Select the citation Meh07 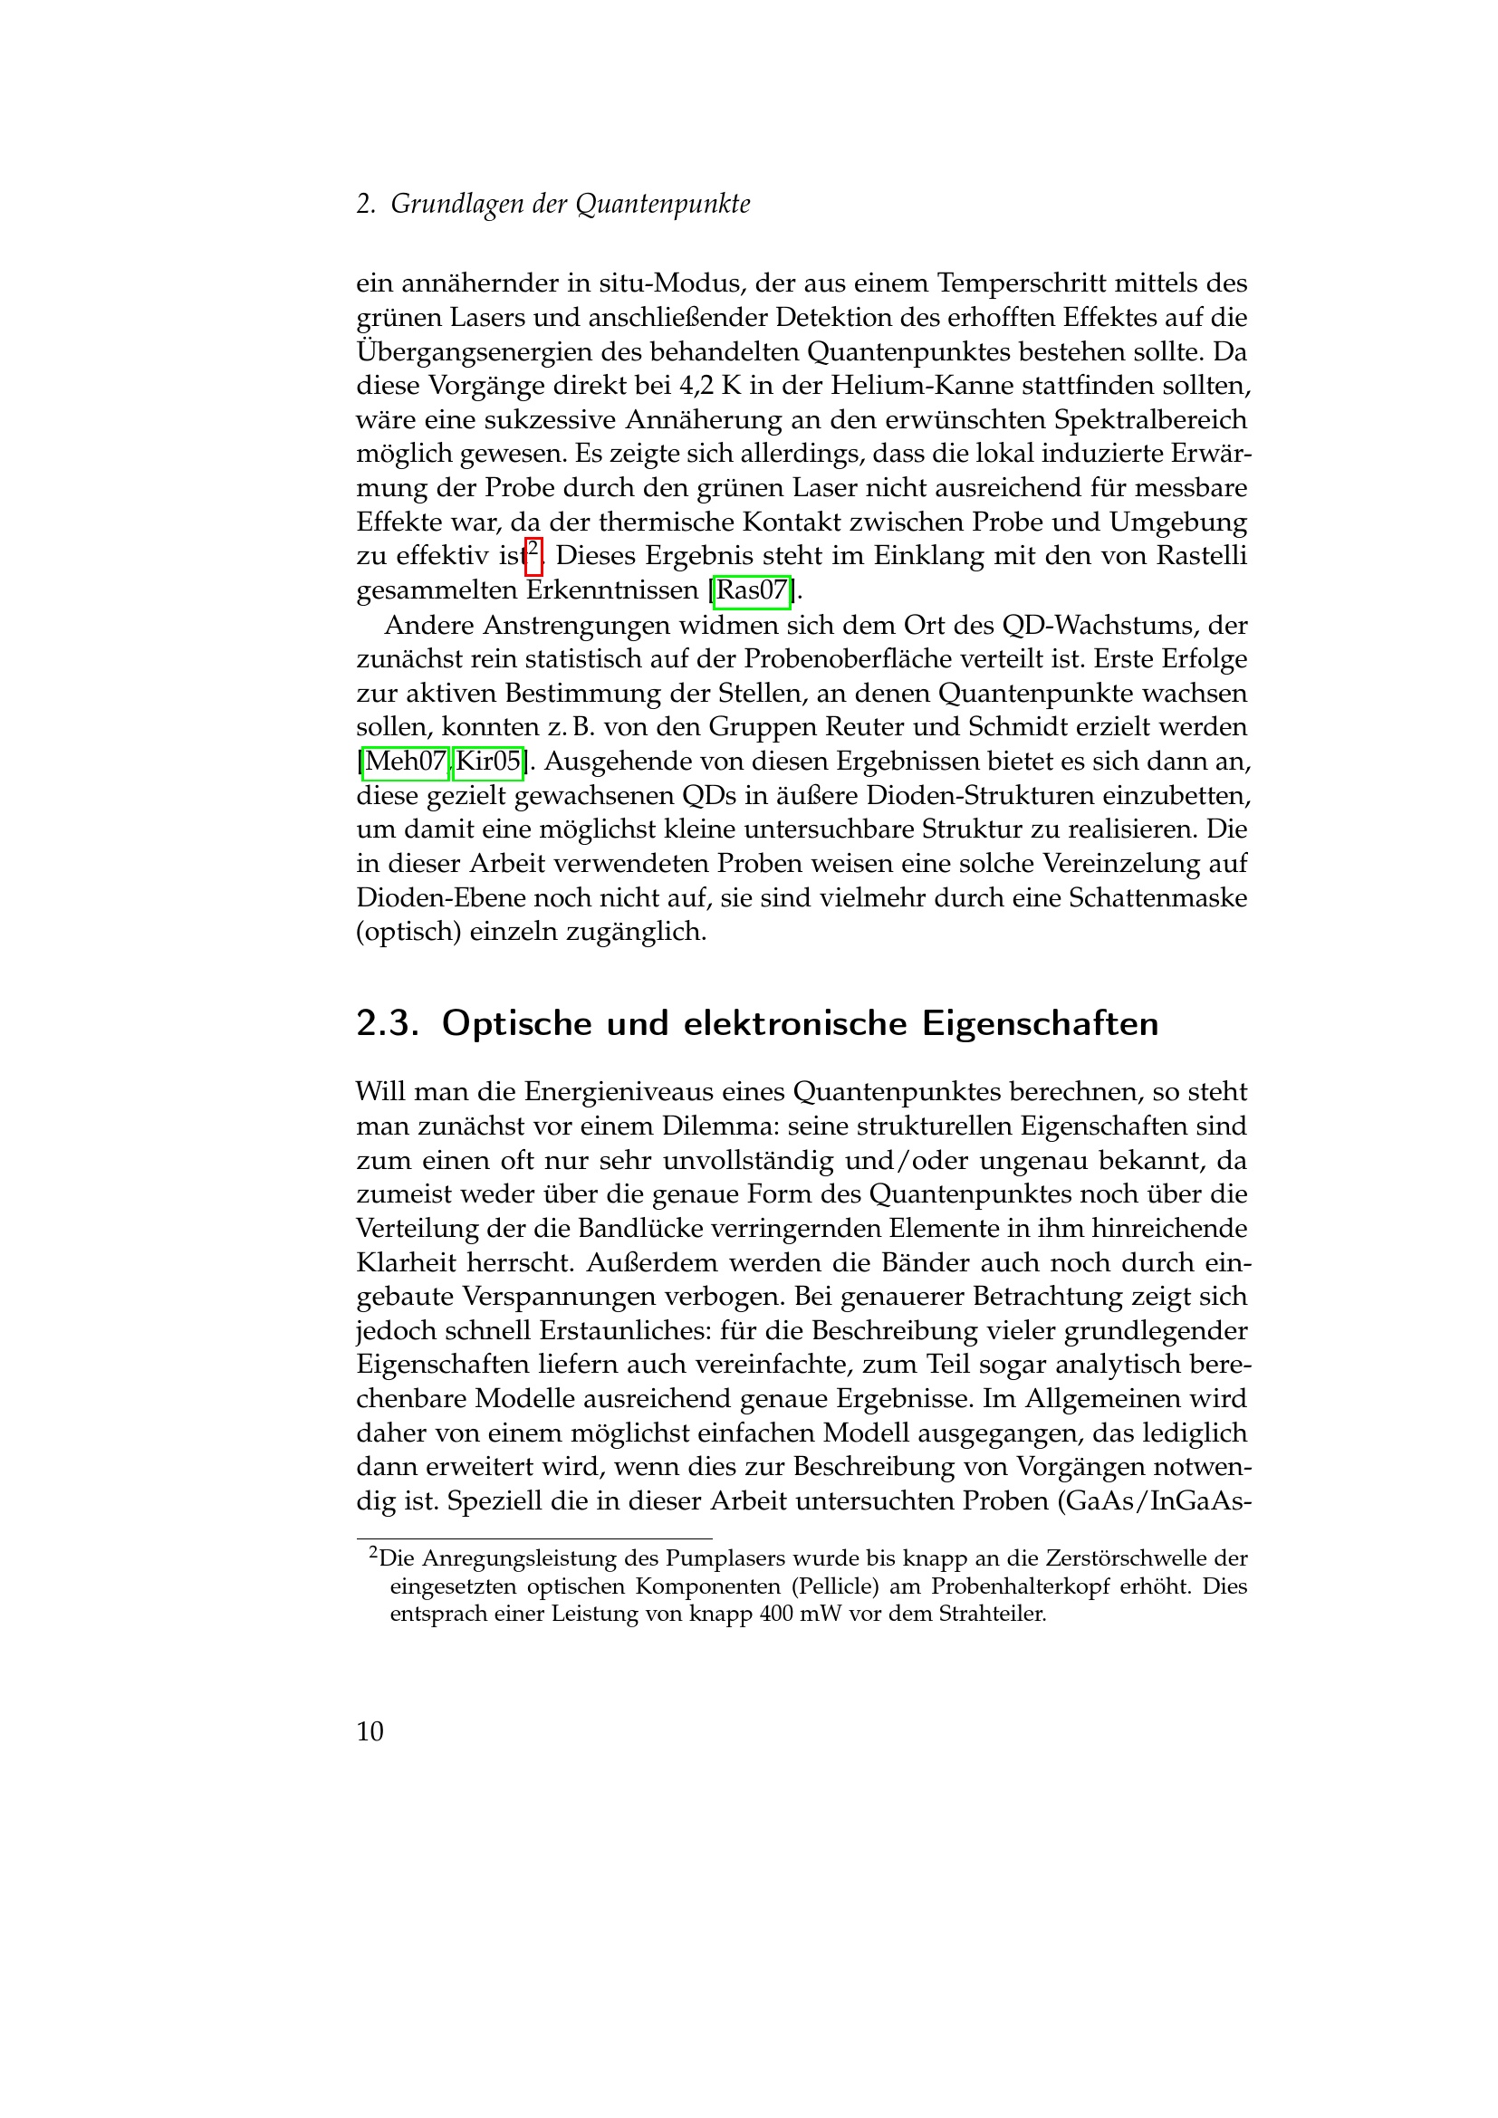[x=406, y=762]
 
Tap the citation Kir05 [x=488, y=762]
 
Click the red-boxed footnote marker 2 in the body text [x=533, y=554]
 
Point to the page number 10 [x=370, y=1731]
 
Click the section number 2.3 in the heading [x=388, y=1024]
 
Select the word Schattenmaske [x=1157, y=897]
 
